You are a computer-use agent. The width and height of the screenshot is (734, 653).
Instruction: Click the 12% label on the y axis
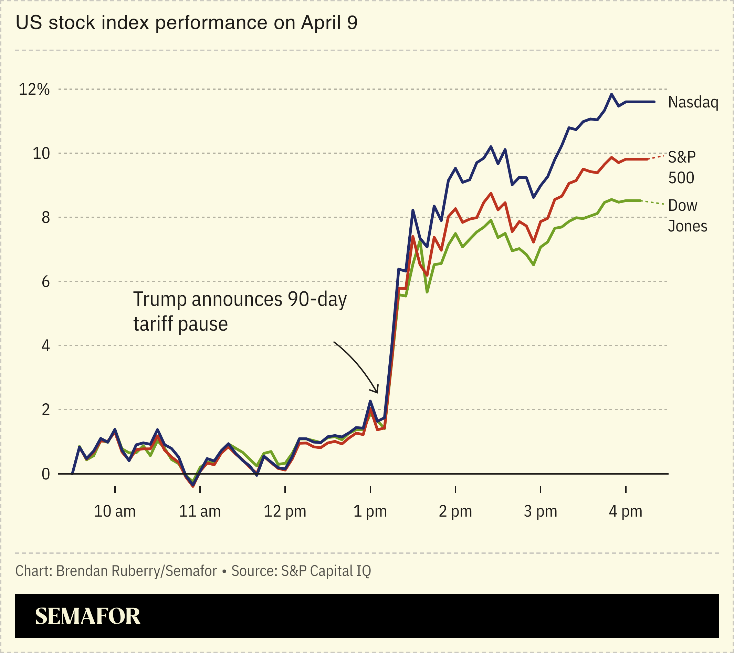pos(34,90)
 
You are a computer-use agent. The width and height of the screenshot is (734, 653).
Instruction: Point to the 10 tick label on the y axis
pos(41,154)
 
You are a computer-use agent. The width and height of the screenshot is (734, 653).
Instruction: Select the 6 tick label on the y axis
pos(45,282)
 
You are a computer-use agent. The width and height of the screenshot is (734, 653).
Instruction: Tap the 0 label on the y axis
pos(45,474)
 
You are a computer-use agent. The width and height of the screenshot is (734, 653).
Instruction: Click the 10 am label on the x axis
pos(115,511)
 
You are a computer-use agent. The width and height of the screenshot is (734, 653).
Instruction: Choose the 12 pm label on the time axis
pos(285,511)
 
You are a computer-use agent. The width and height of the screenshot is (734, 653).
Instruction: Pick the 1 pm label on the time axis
pos(370,511)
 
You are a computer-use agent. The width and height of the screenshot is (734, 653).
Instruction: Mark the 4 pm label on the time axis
pos(626,511)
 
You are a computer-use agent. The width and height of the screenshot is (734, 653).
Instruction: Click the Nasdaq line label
pos(693,102)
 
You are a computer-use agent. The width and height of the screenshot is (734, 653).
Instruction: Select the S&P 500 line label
pos(682,167)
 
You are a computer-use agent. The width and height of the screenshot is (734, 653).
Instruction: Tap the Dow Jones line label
pos(687,216)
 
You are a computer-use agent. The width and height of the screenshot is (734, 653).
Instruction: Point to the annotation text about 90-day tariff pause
pos(240,311)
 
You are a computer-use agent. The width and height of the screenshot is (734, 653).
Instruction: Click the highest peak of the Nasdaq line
pos(611,94)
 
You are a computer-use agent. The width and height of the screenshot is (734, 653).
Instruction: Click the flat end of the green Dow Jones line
pos(634,200)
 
